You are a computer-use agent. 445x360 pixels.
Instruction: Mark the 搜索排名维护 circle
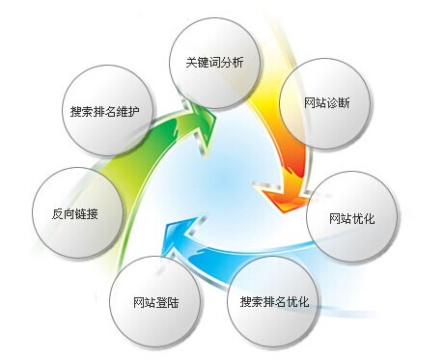[x=103, y=112]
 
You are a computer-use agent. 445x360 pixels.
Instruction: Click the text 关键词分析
[x=214, y=64]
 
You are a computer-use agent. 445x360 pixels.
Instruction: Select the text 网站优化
[x=350, y=217]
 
